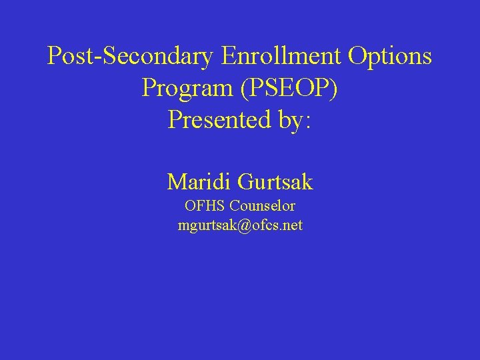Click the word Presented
213,120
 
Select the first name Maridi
199,181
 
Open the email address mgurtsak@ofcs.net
240,225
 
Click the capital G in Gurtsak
245,181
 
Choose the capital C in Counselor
234,206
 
